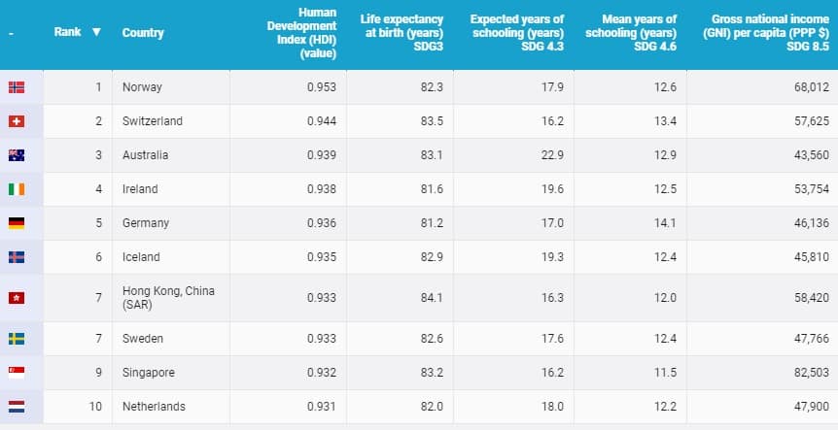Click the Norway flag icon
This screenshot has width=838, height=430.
(17, 87)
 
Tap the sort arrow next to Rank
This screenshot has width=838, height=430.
(95, 32)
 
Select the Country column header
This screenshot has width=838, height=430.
(143, 33)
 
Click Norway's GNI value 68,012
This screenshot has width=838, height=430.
(811, 87)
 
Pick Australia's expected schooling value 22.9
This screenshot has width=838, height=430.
(552, 155)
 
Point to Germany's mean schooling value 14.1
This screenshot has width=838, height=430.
(664, 223)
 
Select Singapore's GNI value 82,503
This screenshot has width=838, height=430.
(811, 373)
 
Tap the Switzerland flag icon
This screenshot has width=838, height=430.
(17, 121)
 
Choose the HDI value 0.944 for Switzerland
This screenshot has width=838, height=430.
(322, 121)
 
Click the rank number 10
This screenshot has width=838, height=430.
(95, 407)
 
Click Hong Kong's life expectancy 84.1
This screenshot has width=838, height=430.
(433, 298)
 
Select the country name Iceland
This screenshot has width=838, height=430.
(142, 257)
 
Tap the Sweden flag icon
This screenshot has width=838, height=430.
(17, 339)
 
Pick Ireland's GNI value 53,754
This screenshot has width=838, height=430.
(811, 189)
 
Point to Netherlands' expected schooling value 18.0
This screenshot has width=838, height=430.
(552, 407)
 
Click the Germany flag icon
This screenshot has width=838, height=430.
(17, 223)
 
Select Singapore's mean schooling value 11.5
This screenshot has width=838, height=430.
(664, 373)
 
